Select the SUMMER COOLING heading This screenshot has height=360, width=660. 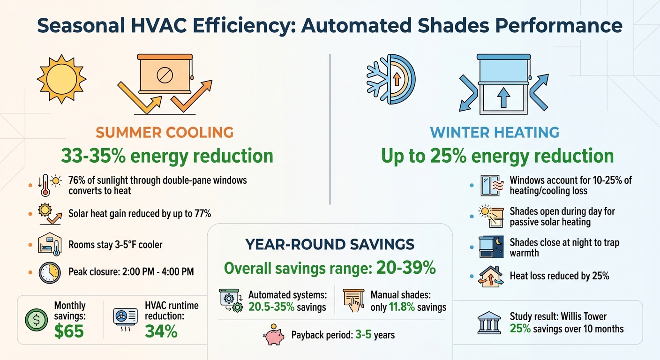click(165, 132)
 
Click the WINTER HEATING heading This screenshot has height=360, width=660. click(495, 132)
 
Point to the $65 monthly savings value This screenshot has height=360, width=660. click(69, 331)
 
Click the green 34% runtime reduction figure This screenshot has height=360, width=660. click(161, 331)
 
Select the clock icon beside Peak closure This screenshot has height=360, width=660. click(49, 272)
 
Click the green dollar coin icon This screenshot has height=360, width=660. click(36, 320)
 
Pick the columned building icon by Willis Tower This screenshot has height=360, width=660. click(487, 323)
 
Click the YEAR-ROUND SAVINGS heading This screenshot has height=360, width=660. click(330, 244)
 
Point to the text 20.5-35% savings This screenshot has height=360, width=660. click(287, 307)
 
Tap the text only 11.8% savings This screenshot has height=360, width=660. click(408, 307)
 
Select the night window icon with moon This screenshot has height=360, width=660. click(491, 247)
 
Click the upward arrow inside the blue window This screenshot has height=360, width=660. click(503, 98)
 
